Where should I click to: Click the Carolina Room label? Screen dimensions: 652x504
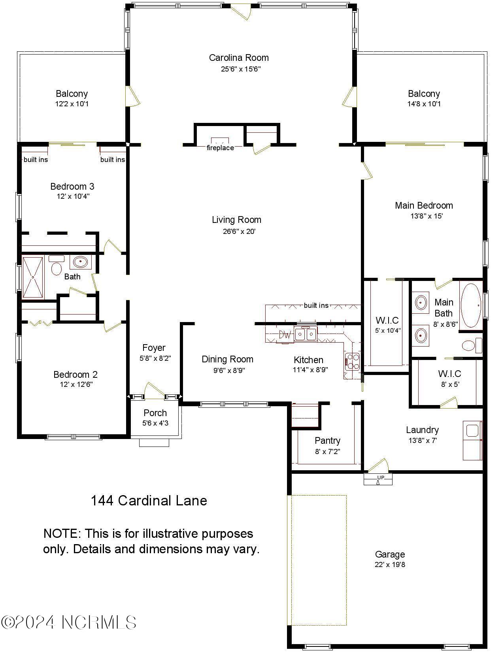pos(239,58)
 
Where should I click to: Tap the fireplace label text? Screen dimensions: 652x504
pos(220,148)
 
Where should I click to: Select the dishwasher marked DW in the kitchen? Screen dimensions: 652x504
pos(285,335)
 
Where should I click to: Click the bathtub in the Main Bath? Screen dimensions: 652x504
pos(470,305)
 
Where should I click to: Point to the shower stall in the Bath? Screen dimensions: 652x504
pos(33,277)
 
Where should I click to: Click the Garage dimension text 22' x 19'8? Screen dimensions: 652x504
pos(390,565)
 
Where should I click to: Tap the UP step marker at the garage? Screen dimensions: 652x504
pos(379,479)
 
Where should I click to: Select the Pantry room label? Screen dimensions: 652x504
pos(327,441)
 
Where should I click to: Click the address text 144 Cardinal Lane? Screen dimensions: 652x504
pos(149,501)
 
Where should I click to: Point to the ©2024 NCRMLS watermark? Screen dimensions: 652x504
pos(69,622)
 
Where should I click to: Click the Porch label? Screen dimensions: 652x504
pos(155,413)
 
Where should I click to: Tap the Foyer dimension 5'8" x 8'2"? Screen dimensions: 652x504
pos(155,359)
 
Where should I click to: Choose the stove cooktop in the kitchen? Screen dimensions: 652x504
pos(352,361)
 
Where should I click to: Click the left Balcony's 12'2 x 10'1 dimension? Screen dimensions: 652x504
pos(72,104)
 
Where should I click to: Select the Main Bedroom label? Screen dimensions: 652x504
pos(424,205)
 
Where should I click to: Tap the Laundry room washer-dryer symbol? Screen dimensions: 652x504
pos(472,440)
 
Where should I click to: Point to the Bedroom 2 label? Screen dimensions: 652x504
pos(76,375)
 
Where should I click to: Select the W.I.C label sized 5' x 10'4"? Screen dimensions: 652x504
pos(387,320)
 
